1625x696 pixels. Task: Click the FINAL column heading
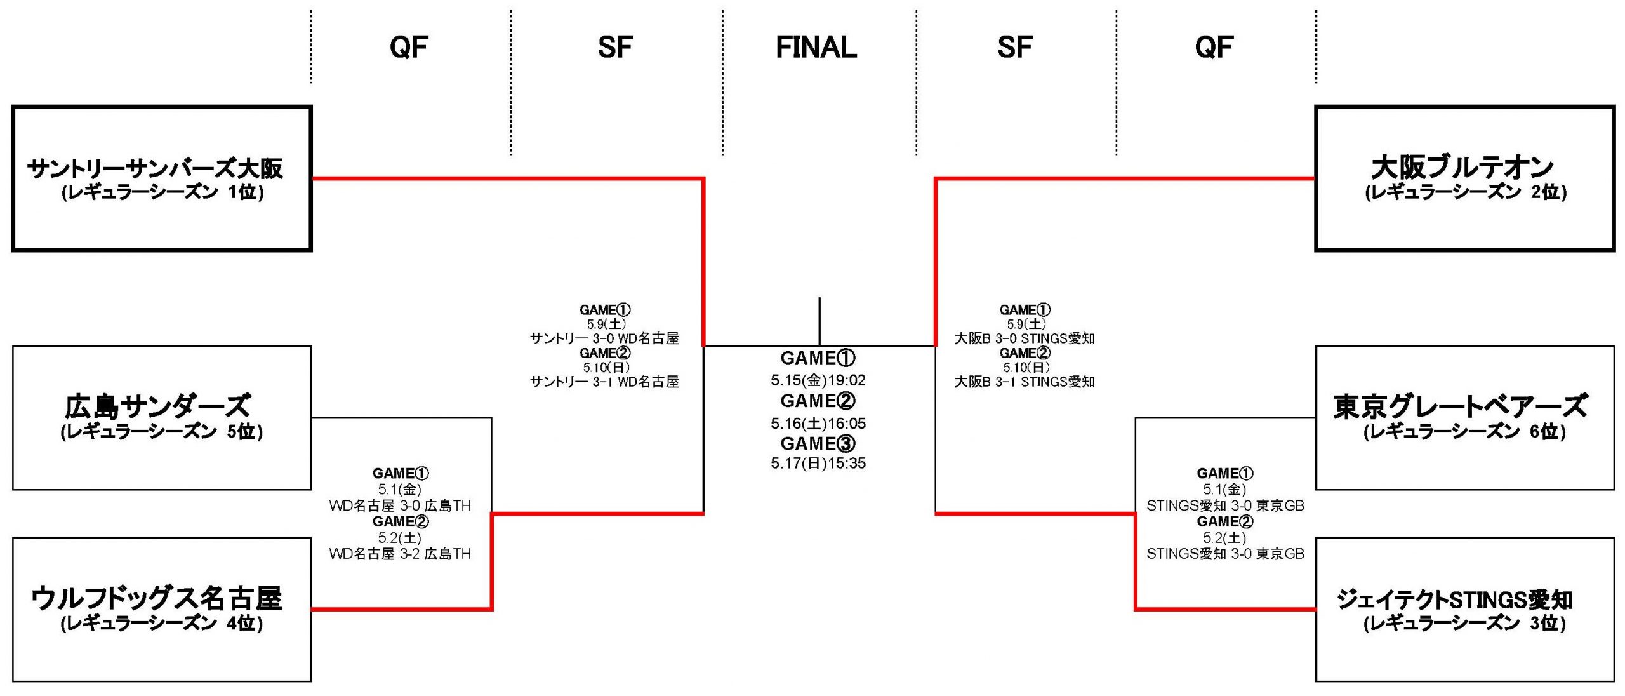tap(816, 47)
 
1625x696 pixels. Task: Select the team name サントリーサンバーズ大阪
tap(155, 168)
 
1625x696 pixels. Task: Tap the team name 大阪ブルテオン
tap(1462, 167)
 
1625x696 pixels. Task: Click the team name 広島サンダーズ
tap(157, 406)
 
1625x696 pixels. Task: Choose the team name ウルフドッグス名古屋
tap(156, 598)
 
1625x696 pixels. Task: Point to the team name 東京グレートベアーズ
tap(1461, 406)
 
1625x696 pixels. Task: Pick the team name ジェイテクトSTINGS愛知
tap(1454, 599)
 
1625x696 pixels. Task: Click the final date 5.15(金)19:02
tap(818, 380)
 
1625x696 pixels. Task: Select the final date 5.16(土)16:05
tap(818, 424)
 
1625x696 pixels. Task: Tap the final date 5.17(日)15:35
tap(818, 464)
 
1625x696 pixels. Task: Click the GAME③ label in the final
tap(818, 443)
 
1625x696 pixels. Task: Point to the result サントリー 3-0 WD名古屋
tap(604, 338)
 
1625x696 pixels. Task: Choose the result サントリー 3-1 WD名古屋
tap(604, 382)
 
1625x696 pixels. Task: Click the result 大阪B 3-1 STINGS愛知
tap(1025, 382)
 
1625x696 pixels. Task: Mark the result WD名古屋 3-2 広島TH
tap(400, 554)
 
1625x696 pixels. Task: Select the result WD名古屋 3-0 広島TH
tap(400, 505)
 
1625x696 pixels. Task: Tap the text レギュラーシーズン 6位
tap(1464, 432)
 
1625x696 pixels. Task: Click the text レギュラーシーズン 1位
tap(162, 192)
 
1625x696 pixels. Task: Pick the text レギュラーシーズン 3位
tap(1464, 624)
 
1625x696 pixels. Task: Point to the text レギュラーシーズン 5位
tap(161, 432)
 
